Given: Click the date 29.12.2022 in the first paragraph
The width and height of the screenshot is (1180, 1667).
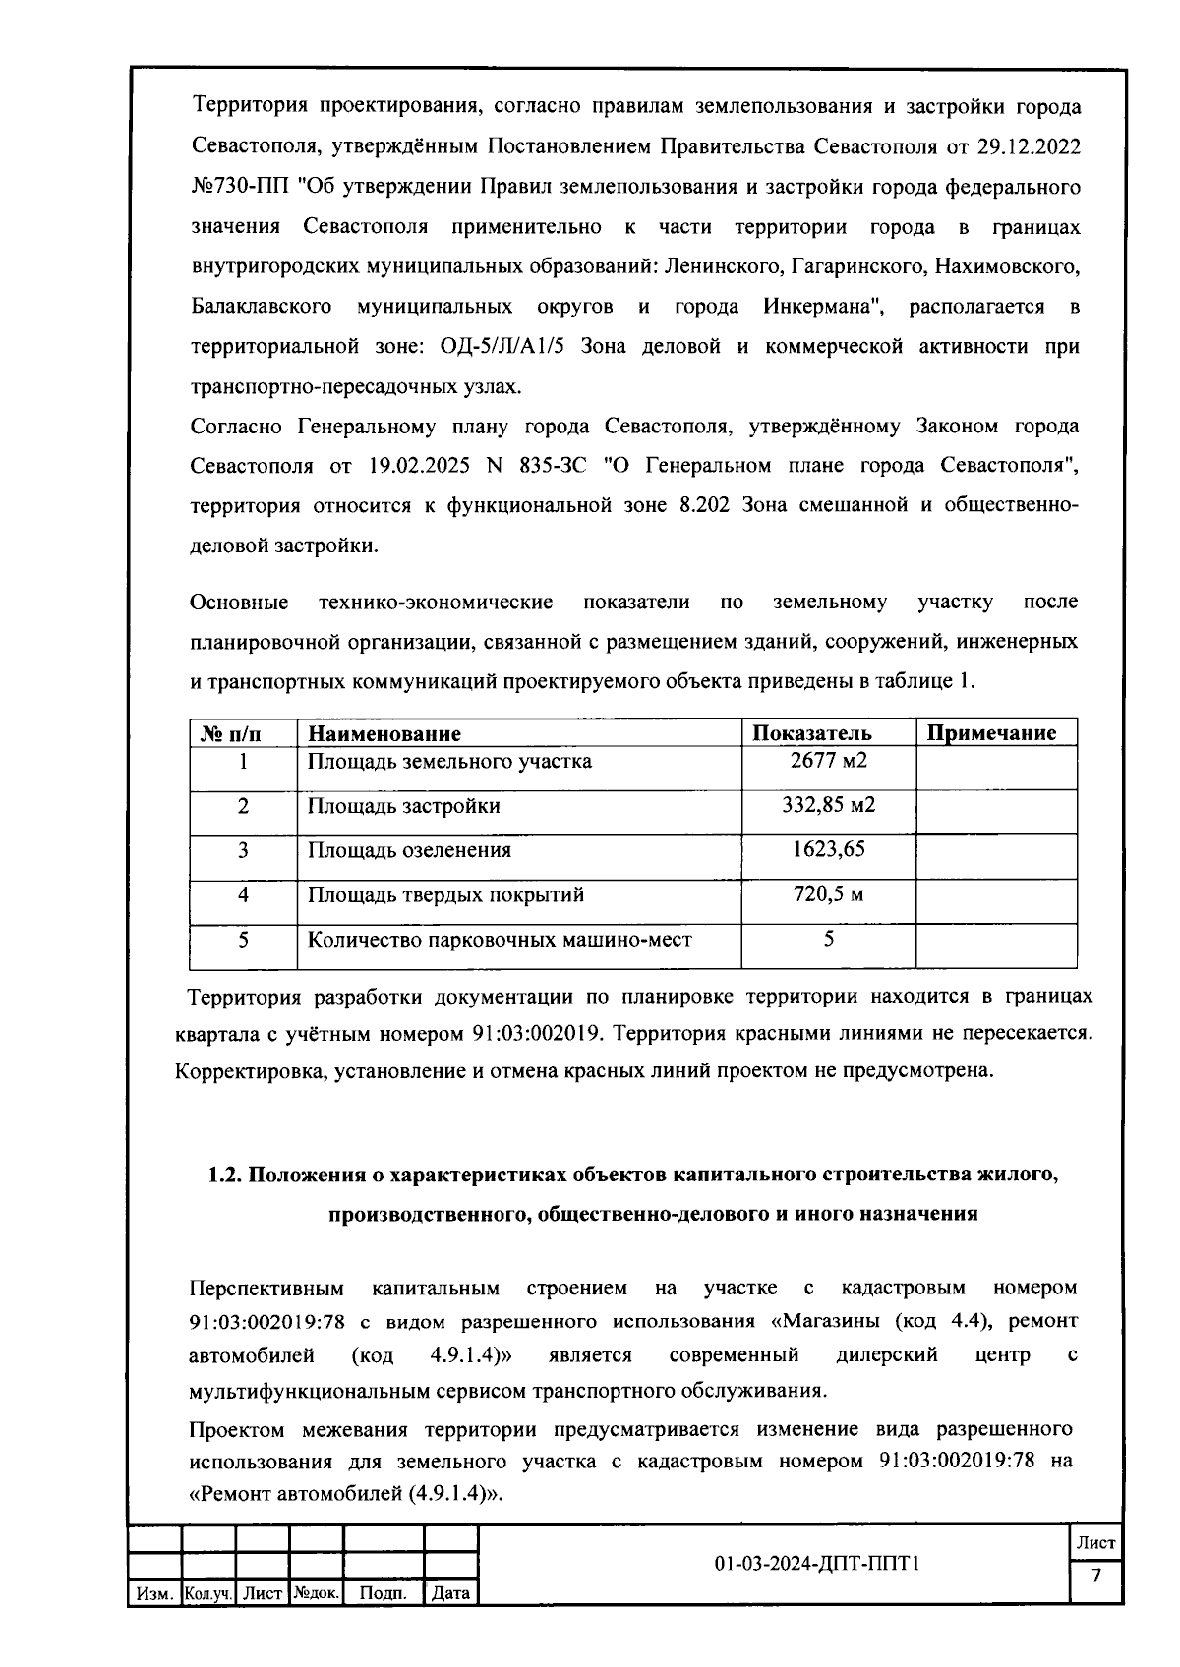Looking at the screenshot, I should coord(1029,147).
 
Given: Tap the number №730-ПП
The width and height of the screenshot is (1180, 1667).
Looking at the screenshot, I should coord(235,188).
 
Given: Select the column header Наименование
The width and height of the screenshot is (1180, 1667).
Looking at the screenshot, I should coord(384,733).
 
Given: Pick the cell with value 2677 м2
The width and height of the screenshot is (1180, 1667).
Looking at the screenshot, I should coord(828,761).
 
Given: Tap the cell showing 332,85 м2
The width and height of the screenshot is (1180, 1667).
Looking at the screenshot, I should coord(828,806).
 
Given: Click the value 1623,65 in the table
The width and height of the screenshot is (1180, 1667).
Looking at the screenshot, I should coord(828,850).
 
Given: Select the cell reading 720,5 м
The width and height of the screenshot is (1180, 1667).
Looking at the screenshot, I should coord(828,894).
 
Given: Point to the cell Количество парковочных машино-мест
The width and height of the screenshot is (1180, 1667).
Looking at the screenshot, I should coord(500,940).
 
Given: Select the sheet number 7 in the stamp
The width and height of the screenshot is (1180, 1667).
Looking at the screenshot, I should coord(1096,1577).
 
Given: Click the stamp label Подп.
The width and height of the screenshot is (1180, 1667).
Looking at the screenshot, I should coord(383,1593).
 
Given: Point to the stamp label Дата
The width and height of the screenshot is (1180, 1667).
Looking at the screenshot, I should coord(450,1593).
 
